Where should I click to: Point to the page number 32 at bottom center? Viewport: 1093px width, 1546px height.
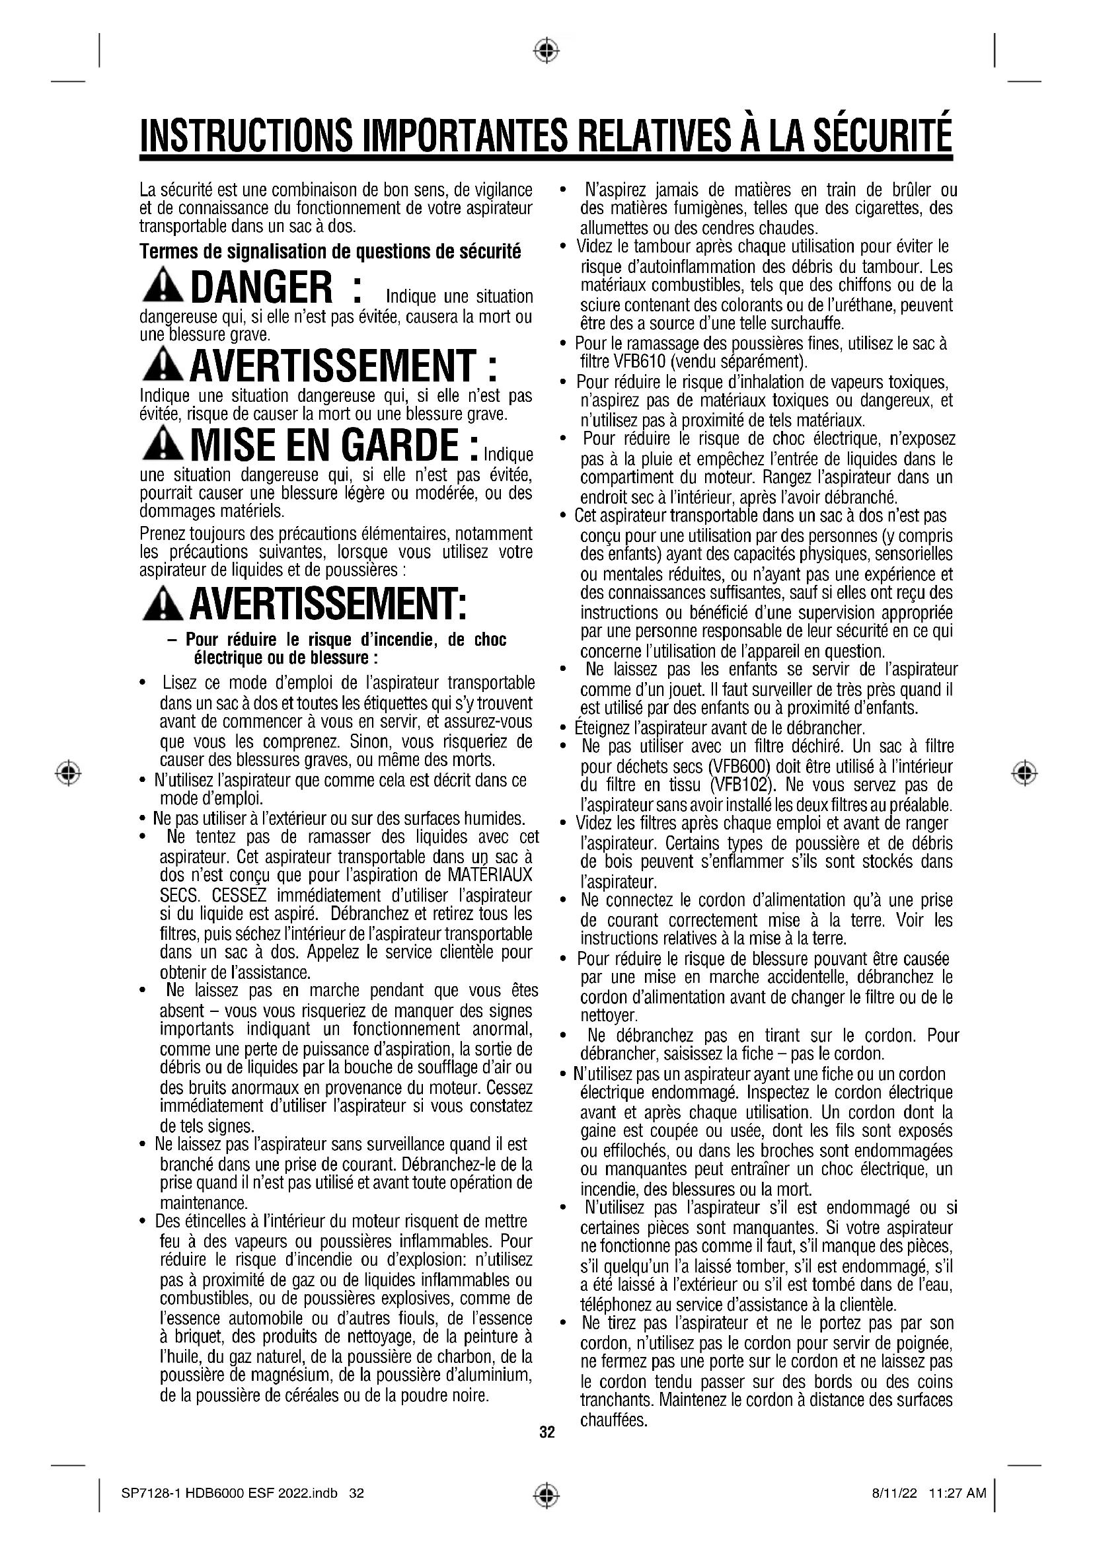pos(547,1432)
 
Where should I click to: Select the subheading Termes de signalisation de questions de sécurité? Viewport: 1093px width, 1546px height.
pos(330,252)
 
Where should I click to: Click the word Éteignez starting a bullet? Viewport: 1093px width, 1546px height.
pos(601,728)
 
